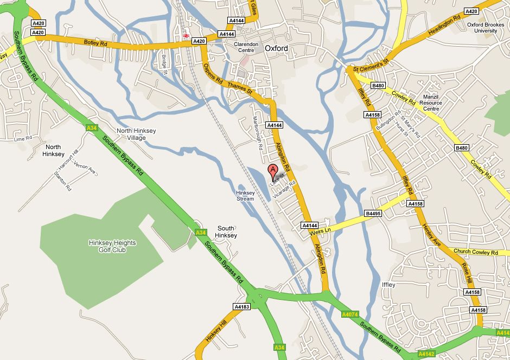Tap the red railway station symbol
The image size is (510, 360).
click(x=186, y=35)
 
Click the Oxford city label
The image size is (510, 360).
click(x=276, y=48)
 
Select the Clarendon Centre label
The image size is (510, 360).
click(x=247, y=47)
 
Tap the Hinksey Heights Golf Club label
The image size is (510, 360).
click(x=112, y=246)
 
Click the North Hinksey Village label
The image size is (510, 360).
click(x=131, y=134)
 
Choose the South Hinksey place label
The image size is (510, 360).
click(x=226, y=232)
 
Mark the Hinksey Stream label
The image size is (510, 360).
click(x=245, y=196)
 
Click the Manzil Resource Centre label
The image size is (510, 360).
click(x=432, y=102)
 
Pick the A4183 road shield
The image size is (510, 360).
click(x=242, y=306)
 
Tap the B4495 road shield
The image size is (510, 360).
click(x=374, y=214)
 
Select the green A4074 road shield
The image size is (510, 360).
click(x=350, y=314)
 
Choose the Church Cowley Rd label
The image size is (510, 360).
click(x=476, y=252)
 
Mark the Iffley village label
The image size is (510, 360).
click(x=388, y=285)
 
